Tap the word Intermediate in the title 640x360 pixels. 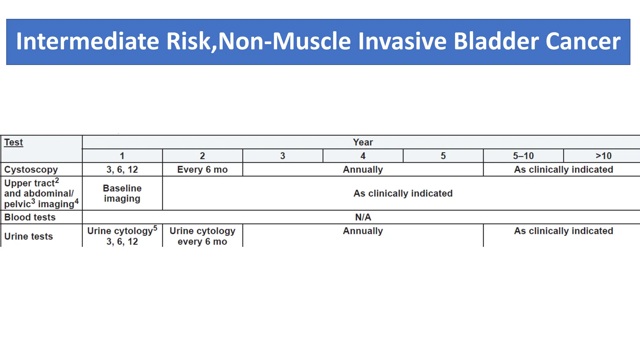click(x=87, y=42)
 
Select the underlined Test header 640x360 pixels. click(x=13, y=142)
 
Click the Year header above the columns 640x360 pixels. click(x=363, y=142)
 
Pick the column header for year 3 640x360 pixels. click(x=282, y=156)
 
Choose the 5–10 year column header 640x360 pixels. click(x=523, y=156)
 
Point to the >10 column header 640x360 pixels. click(x=603, y=156)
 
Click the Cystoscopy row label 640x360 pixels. click(x=31, y=169)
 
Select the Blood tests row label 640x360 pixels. click(x=30, y=217)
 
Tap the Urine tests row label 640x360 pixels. click(x=28, y=236)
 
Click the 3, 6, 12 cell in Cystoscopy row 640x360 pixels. click(x=122, y=169)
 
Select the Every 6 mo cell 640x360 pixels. click(x=202, y=169)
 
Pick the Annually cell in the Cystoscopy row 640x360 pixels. click(x=363, y=169)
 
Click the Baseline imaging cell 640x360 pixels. click(x=122, y=193)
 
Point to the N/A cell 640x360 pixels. click(x=363, y=217)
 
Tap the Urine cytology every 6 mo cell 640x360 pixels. click(x=202, y=236)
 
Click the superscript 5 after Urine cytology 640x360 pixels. click(x=155, y=228)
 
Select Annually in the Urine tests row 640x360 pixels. click(x=363, y=231)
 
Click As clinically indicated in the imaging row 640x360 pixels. click(x=403, y=193)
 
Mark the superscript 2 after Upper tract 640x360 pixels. click(x=57, y=180)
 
